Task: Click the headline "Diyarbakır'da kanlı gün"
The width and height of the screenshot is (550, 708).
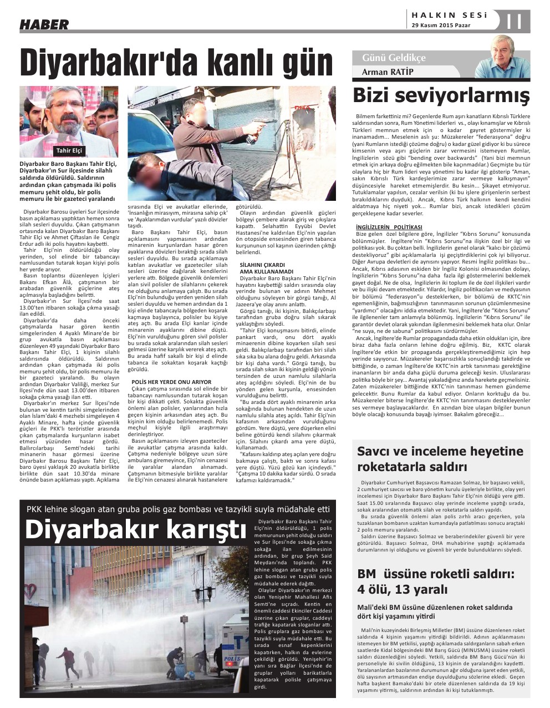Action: click(176, 62)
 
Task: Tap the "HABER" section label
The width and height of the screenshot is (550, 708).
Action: click(44, 24)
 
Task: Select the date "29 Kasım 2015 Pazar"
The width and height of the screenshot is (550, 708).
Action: click(441, 25)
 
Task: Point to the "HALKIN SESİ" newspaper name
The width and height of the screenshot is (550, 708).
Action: click(450, 16)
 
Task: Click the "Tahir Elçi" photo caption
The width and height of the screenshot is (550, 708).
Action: click(69, 150)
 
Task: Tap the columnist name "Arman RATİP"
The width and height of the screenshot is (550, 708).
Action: click(388, 72)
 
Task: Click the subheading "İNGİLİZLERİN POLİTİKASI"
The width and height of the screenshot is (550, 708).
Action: click(389, 227)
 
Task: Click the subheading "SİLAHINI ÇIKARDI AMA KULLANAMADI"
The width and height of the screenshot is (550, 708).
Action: click(262, 268)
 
